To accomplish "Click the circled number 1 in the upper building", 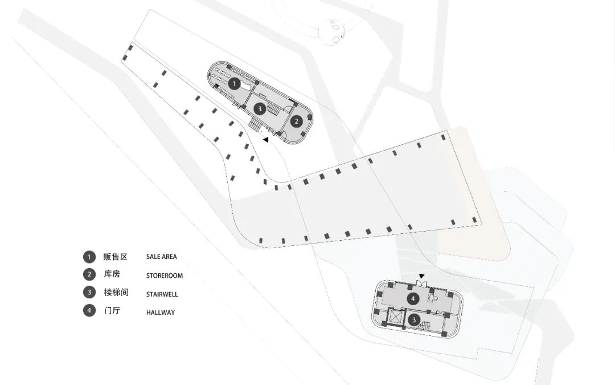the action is point(234,84).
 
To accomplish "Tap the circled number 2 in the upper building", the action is point(297,121).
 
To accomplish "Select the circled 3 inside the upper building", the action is point(260,109).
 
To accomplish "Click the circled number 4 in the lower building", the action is point(413,299).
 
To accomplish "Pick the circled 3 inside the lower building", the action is point(414,320).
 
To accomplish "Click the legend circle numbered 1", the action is point(89,257).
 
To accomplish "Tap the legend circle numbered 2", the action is point(89,274).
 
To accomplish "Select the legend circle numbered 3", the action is point(89,292).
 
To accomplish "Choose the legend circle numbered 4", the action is point(89,310).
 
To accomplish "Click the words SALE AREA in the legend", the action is point(162,257).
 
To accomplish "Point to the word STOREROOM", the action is point(165,275).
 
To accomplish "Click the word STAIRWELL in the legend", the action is point(162,294).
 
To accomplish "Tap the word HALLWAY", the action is point(161,313).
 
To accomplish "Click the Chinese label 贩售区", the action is point(116,257).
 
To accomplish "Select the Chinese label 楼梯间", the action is point(116,292).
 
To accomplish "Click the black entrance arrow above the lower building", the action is point(421,276).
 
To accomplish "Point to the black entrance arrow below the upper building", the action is point(265,140).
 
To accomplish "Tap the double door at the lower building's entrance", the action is point(421,283).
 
